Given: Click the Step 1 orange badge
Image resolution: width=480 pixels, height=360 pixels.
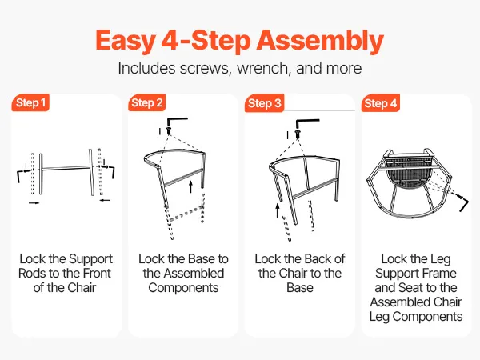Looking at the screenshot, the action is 30,102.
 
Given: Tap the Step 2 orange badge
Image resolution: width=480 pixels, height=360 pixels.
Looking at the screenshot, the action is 147,102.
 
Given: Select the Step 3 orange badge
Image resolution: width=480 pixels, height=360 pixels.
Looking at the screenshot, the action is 265,103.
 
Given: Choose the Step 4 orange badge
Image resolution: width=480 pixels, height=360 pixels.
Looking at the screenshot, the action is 381,103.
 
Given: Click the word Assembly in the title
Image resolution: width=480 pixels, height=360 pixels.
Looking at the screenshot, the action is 320,41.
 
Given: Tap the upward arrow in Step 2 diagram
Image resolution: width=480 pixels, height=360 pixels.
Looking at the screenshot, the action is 191,186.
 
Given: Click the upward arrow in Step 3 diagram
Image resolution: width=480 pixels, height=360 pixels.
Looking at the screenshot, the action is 278,210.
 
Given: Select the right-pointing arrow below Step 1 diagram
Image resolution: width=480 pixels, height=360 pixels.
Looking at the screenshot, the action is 34,202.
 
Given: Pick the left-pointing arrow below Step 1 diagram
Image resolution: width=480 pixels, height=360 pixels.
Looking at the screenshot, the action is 105,200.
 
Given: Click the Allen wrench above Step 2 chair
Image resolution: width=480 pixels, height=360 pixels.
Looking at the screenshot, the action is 176,122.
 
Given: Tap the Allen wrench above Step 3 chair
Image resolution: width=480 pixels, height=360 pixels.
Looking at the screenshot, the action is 306,122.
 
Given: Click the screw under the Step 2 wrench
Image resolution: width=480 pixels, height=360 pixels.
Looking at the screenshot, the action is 168,130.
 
